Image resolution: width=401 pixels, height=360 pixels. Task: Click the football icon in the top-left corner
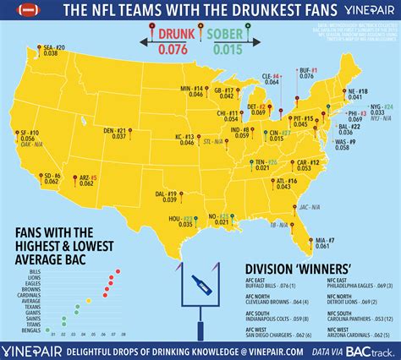pyautogui.click(x=13, y=10)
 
